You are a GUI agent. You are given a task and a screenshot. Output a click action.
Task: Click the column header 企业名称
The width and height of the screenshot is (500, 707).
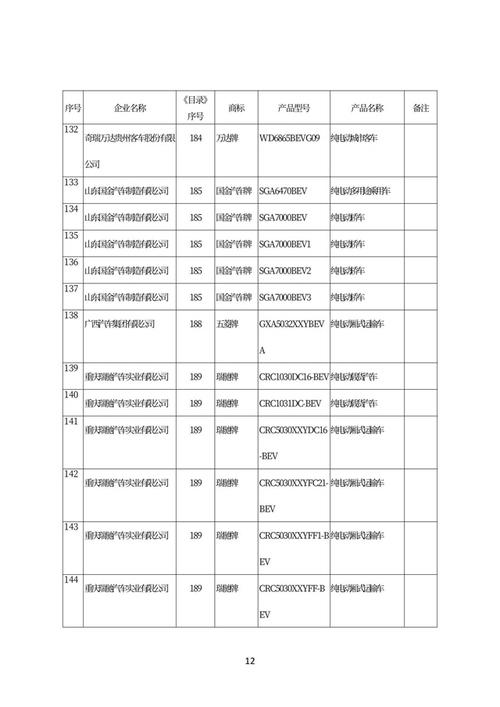pyautogui.click(x=130, y=108)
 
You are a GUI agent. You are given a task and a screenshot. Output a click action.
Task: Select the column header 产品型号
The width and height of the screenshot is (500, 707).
pyautogui.click(x=294, y=108)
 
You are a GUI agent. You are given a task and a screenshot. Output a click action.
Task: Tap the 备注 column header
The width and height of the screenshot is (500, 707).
pyautogui.click(x=420, y=108)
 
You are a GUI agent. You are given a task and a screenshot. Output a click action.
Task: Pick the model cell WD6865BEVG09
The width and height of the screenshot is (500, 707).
pyautogui.click(x=289, y=138)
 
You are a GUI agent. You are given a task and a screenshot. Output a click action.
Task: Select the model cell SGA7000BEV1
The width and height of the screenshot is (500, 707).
pyautogui.click(x=284, y=244)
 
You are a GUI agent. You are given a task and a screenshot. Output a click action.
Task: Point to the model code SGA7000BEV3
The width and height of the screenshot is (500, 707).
pyautogui.click(x=284, y=297)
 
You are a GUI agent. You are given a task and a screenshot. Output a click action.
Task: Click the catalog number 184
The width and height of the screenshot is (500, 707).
pyautogui.click(x=195, y=138)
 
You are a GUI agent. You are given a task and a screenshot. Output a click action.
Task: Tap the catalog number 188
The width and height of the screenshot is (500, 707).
pyautogui.click(x=195, y=323)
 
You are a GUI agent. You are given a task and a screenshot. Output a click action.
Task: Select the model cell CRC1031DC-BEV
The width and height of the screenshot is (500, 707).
pyautogui.click(x=290, y=403)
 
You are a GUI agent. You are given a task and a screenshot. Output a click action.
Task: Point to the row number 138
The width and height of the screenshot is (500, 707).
pyautogui.click(x=72, y=316)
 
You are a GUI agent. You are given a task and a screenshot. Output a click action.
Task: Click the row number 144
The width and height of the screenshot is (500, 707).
pyautogui.click(x=72, y=580)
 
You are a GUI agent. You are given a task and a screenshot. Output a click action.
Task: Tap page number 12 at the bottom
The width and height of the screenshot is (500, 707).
pyautogui.click(x=249, y=661)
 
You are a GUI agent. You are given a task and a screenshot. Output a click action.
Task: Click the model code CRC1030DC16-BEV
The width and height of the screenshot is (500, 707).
pyautogui.click(x=293, y=377)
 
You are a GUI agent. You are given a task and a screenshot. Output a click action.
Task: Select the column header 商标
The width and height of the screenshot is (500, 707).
pyautogui.click(x=236, y=108)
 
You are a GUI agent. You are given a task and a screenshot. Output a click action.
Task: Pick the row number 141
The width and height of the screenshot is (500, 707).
pyautogui.click(x=72, y=422)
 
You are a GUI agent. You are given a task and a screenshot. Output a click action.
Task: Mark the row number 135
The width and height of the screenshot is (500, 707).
pyautogui.click(x=72, y=236)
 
